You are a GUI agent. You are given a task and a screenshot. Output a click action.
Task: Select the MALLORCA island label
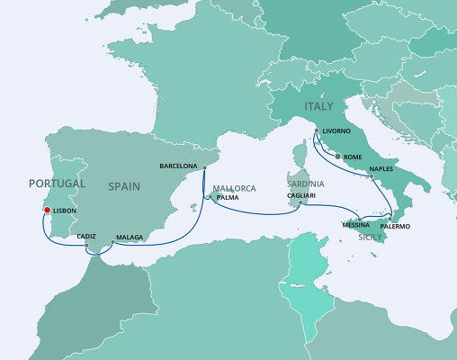(235, 187)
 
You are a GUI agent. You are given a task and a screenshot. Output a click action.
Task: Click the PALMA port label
(227, 197)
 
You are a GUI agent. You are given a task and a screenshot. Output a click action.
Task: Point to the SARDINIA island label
(305, 184)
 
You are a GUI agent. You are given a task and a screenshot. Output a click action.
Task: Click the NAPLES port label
(381, 168)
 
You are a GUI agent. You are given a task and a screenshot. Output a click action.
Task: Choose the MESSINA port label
(355, 223)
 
